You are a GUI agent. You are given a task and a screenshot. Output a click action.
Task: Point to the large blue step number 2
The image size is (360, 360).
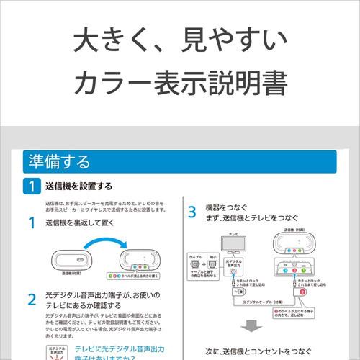pyautogui.click(x=32, y=299)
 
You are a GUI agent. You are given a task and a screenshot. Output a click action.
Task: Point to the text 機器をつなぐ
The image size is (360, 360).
pyautogui.click(x=229, y=210)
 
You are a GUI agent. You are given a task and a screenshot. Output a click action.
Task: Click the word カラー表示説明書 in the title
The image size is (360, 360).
pyautogui.click(x=180, y=84)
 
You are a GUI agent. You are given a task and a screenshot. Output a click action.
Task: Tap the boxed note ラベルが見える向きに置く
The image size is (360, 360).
pyautogui.click(x=134, y=276)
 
